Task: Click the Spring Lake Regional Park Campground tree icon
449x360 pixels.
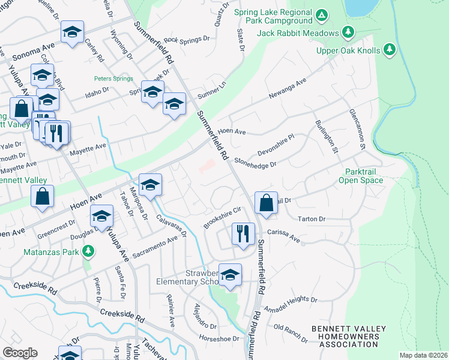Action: click(322, 14)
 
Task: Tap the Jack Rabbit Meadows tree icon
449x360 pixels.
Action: click(348, 32)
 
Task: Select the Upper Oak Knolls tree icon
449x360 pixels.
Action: click(389, 49)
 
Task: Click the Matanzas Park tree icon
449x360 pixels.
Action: click(89, 250)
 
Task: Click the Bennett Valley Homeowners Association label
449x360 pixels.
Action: click(345, 337)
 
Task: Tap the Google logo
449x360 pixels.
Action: click(20, 353)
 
